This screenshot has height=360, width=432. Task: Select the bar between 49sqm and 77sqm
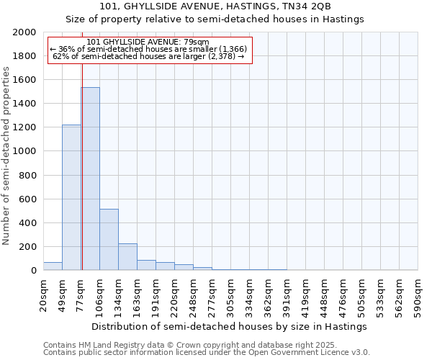[71, 197]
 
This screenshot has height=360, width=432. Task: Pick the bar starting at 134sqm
[127, 256]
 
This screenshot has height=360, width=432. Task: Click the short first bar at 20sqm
[53, 266]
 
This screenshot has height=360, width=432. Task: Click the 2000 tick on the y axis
[25, 32]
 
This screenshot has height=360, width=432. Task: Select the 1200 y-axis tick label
[25, 127]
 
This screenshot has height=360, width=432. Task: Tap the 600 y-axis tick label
[28, 199]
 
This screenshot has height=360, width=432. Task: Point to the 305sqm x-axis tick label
[231, 294]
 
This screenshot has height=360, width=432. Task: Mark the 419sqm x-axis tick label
[306, 294]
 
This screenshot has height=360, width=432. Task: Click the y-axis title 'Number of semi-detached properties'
[6, 156]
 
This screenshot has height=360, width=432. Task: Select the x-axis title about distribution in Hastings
[230, 326]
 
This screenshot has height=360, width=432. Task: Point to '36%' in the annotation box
[66, 49]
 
